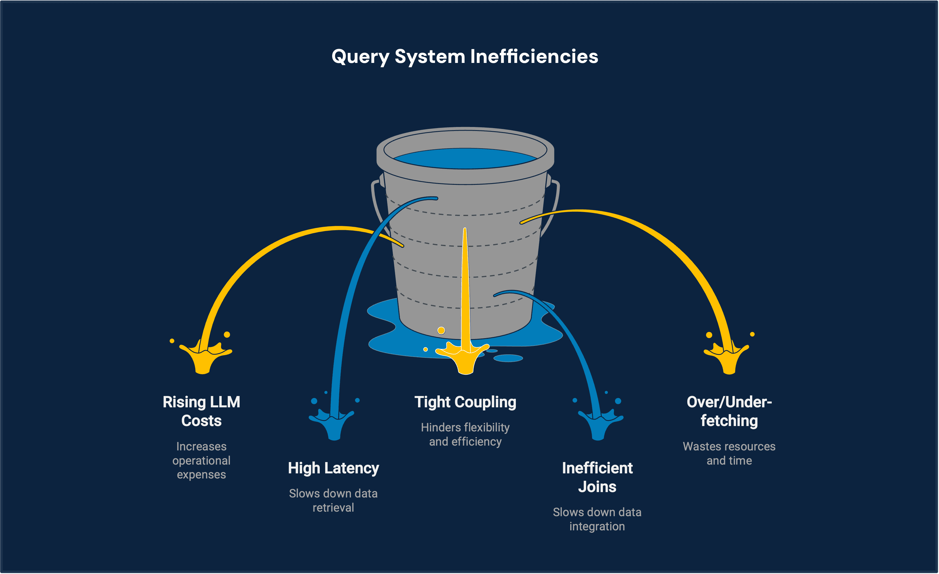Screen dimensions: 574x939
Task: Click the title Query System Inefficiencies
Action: click(x=465, y=56)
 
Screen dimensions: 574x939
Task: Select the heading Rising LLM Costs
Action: click(x=201, y=411)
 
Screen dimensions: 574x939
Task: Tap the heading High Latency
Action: click(x=333, y=468)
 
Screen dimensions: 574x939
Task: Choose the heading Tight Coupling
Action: click(x=465, y=402)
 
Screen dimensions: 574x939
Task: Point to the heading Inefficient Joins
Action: click(x=597, y=477)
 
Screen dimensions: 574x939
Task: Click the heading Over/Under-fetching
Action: click(x=729, y=411)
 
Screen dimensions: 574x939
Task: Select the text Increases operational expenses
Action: click(x=201, y=460)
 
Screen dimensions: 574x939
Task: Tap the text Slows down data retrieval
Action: click(x=333, y=500)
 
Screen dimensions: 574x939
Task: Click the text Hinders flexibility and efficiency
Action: click(x=465, y=434)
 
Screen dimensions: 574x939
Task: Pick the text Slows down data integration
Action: click(x=597, y=519)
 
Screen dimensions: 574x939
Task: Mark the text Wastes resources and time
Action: click(x=729, y=453)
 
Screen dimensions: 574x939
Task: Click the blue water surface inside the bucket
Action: click(x=465, y=158)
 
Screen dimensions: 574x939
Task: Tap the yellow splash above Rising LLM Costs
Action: click(x=204, y=358)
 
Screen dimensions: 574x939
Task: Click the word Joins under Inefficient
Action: click(x=597, y=487)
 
